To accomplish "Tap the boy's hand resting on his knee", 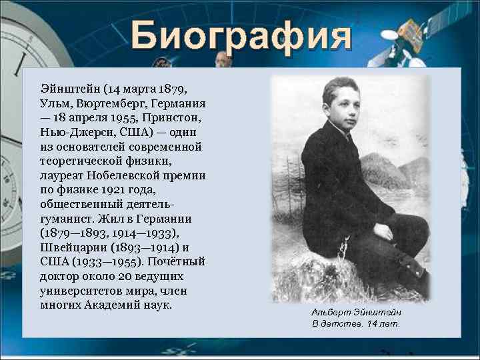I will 383,232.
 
